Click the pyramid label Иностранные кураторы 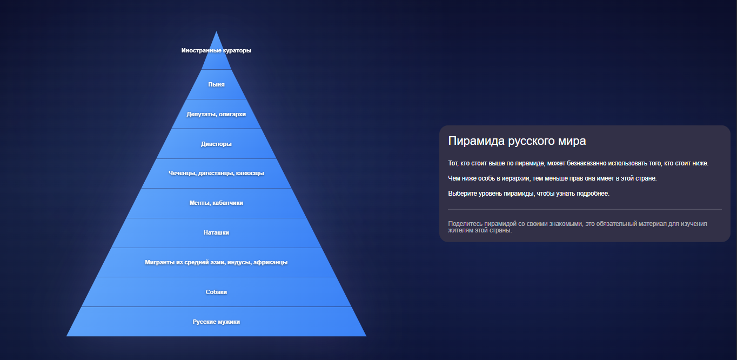coord(216,50)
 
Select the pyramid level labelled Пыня coord(216,84)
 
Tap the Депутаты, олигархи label coord(216,114)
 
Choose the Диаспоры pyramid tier coord(216,144)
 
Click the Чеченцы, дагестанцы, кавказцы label coord(216,173)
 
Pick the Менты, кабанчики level coord(216,203)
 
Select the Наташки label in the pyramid coord(216,232)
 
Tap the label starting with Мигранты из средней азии coord(216,262)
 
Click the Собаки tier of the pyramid coord(216,292)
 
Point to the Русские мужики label coord(216,322)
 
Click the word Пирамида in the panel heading coord(477,141)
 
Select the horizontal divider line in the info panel coord(585,209)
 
